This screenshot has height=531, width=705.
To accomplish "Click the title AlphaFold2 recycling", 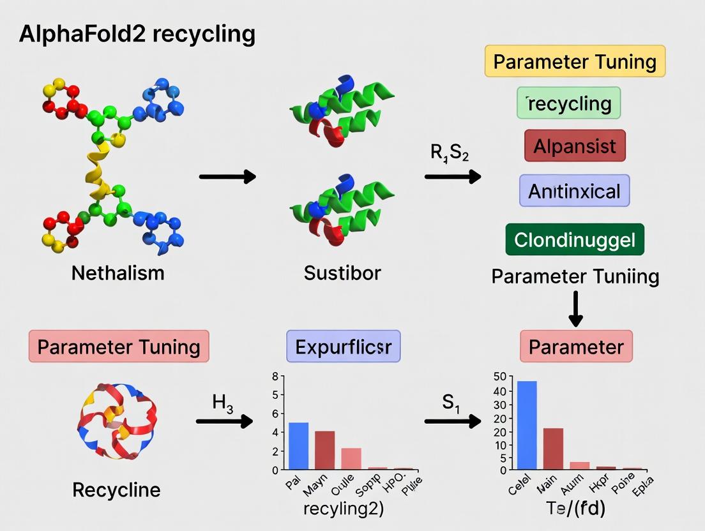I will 137,34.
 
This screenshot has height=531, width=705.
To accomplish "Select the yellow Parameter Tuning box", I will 575,62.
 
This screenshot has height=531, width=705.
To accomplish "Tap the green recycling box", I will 568,103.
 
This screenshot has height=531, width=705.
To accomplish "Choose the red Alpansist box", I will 575,146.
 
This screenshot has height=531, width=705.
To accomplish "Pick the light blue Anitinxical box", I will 574,191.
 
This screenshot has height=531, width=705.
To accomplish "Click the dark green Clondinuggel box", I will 575,240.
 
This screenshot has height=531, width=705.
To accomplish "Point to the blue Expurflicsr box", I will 343,347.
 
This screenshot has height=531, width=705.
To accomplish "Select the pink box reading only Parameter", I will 576,347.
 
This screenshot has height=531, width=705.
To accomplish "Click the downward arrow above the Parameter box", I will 576,309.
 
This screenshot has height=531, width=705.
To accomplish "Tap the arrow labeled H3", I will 224,421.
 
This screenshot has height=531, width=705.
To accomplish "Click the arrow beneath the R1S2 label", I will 453,176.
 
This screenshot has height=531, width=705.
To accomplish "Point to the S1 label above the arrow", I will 451,403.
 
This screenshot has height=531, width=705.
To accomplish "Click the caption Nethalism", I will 118,273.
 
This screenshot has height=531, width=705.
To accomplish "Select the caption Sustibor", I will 342,273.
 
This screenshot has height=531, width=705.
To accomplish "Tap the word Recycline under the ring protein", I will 116,490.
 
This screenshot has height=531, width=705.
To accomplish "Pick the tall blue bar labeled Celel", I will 527,425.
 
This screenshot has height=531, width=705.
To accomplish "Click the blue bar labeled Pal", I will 298,445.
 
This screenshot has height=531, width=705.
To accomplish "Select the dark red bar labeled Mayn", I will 324,450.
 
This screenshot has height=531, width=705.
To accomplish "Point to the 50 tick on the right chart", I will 500,377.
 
